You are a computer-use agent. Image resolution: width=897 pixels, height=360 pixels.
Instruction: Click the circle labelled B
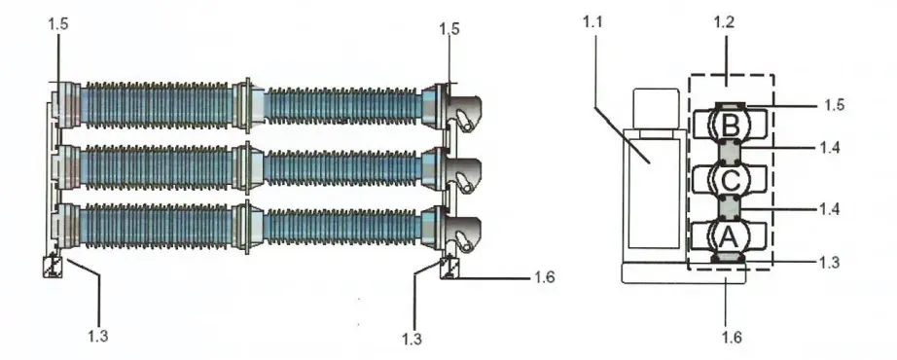[x=731, y=125]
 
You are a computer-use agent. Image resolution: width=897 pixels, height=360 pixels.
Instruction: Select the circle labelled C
[x=731, y=179]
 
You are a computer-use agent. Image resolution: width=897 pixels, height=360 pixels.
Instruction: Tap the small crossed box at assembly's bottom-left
[x=53, y=266]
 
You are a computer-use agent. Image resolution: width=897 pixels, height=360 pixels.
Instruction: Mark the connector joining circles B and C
[x=731, y=152]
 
